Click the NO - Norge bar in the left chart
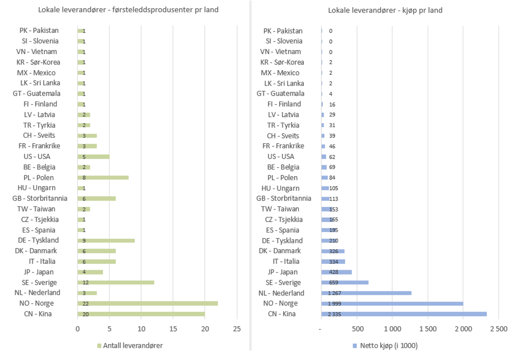pos(147,303)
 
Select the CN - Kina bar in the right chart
pos(404,314)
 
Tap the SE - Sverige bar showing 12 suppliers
pos(116,282)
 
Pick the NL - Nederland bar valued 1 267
pos(366,293)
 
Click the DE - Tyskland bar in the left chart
pos(106,240)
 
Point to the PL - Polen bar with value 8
pos(103,177)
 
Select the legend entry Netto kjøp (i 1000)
pos(385,346)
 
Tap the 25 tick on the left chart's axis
pos(237,330)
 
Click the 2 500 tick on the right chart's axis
pos(499,330)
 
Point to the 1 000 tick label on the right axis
pos(392,330)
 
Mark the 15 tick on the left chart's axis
pos(173,330)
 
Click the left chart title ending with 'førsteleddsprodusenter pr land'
pos(129,10)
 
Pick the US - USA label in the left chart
pos(36,157)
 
